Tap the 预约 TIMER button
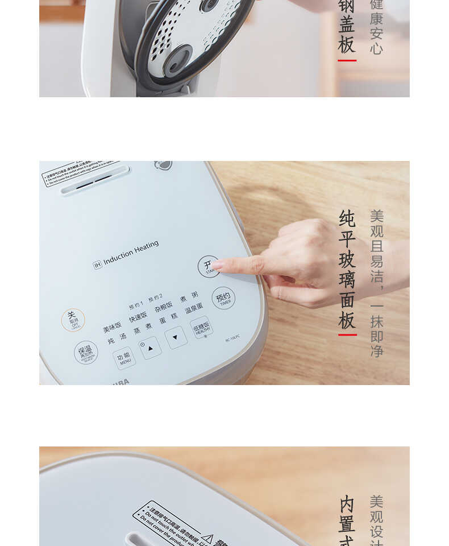pos(223,298)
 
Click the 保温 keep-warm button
pos(86,353)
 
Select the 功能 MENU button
pos(124,358)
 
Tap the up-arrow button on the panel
pos(151,348)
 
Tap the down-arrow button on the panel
pos(176,337)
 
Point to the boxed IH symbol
pos(97,264)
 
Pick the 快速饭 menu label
pos(138,316)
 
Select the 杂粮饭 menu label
pos(164,306)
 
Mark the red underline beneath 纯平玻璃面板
pos(347,334)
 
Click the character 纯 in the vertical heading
pos(347,218)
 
